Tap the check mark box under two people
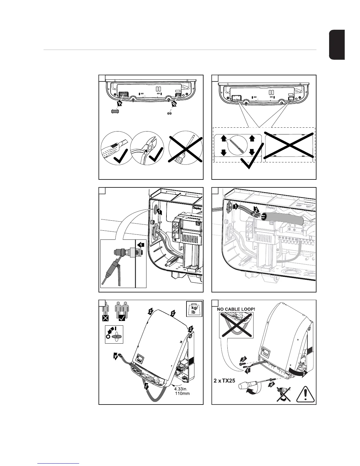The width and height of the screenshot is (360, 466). click(122, 318)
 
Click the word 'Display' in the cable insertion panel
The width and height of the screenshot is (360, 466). click(198, 207)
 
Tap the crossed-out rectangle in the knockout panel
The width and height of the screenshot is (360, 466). click(290, 145)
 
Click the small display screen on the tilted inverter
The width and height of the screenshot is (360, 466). click(140, 359)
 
